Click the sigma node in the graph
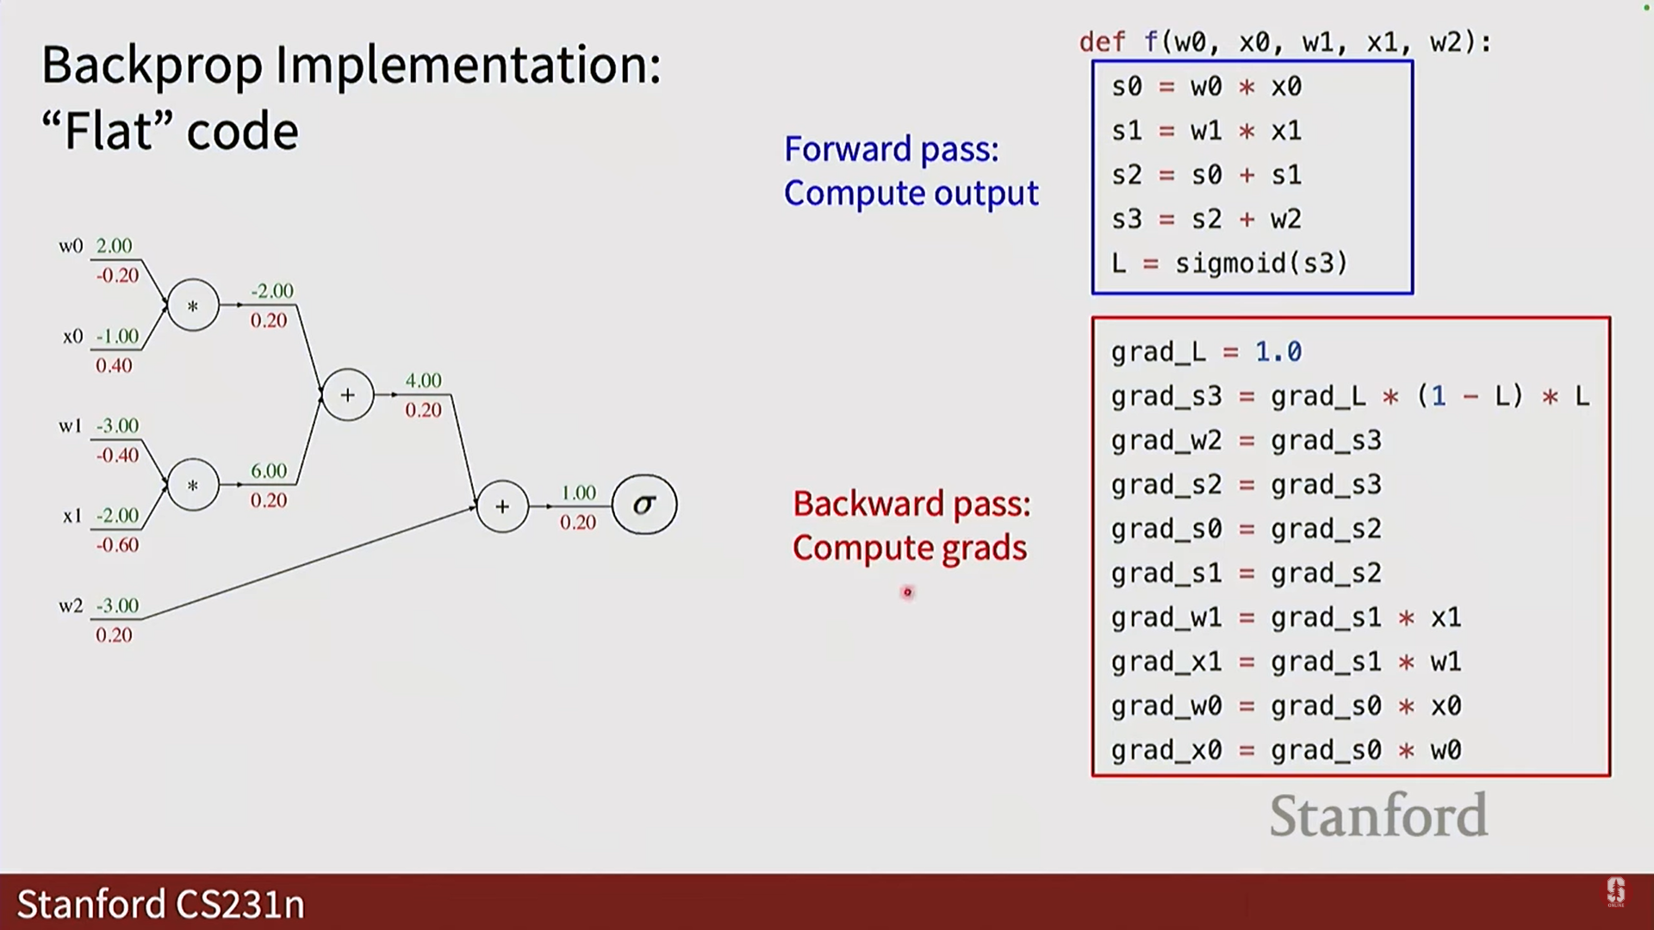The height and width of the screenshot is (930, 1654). click(x=644, y=505)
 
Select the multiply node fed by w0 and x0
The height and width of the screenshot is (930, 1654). click(x=193, y=305)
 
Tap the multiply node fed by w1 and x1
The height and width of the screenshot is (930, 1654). click(x=193, y=486)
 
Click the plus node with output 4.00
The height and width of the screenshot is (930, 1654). click(x=347, y=395)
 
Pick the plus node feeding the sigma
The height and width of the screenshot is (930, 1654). click(x=502, y=506)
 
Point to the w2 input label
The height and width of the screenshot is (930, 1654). click(x=71, y=606)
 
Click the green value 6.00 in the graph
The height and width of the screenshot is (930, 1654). click(x=269, y=471)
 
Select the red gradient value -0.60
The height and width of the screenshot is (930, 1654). click(x=117, y=545)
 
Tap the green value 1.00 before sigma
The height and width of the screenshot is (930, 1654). click(x=578, y=493)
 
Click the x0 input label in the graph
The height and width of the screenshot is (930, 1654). click(x=72, y=337)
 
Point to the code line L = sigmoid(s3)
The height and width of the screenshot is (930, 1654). click(x=1229, y=263)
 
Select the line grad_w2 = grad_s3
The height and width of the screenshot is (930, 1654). click(x=1246, y=441)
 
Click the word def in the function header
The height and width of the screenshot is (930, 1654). click(x=1102, y=42)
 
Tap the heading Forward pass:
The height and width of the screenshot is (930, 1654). click(x=892, y=150)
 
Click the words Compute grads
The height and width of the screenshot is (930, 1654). click(x=910, y=549)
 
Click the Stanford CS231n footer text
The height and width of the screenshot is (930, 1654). click(x=161, y=904)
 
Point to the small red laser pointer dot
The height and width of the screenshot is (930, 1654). click(x=907, y=592)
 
